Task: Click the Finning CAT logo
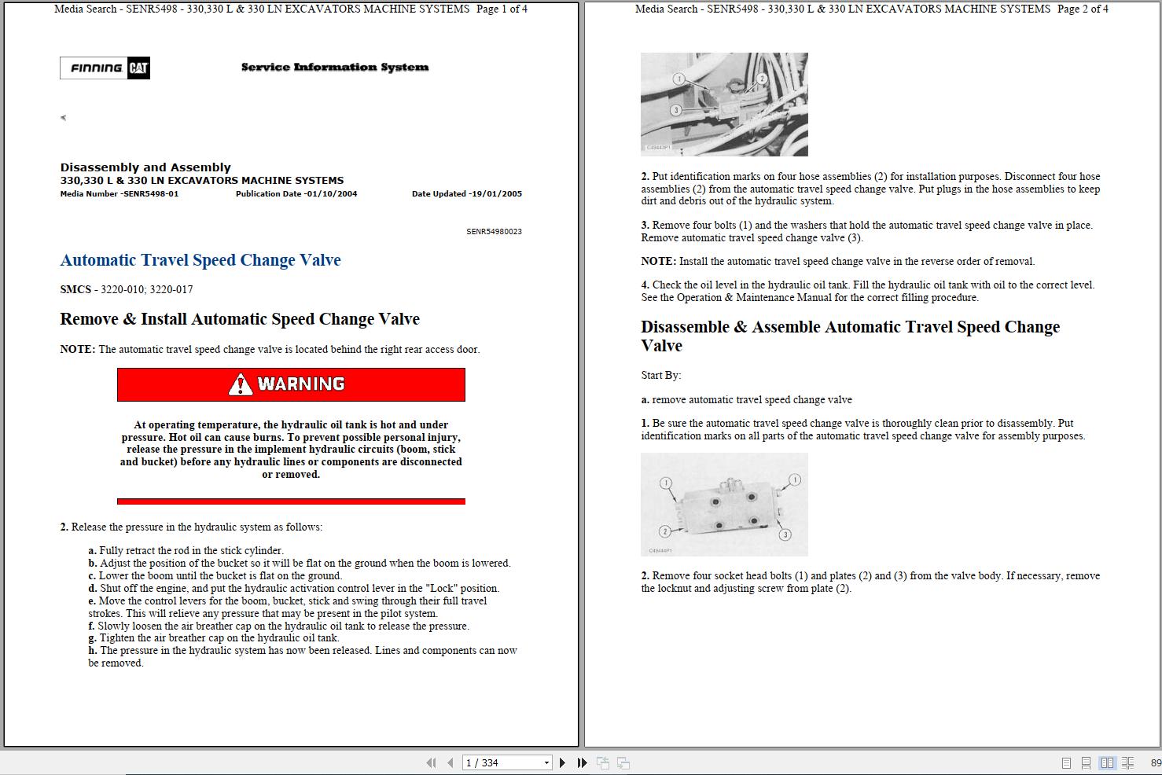point(105,68)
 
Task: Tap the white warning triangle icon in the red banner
point(241,384)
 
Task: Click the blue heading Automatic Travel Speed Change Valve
point(200,260)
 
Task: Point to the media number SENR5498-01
point(151,194)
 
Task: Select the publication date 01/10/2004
point(330,194)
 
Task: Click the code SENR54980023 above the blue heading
point(494,232)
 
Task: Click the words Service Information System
point(335,68)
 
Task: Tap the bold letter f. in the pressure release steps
point(92,626)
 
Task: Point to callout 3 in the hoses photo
point(675,111)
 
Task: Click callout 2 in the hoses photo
point(762,79)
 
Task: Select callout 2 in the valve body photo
point(665,531)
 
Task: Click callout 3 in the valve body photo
point(785,534)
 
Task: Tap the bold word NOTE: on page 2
point(658,262)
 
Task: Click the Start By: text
point(661,376)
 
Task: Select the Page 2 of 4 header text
point(1083,9)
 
